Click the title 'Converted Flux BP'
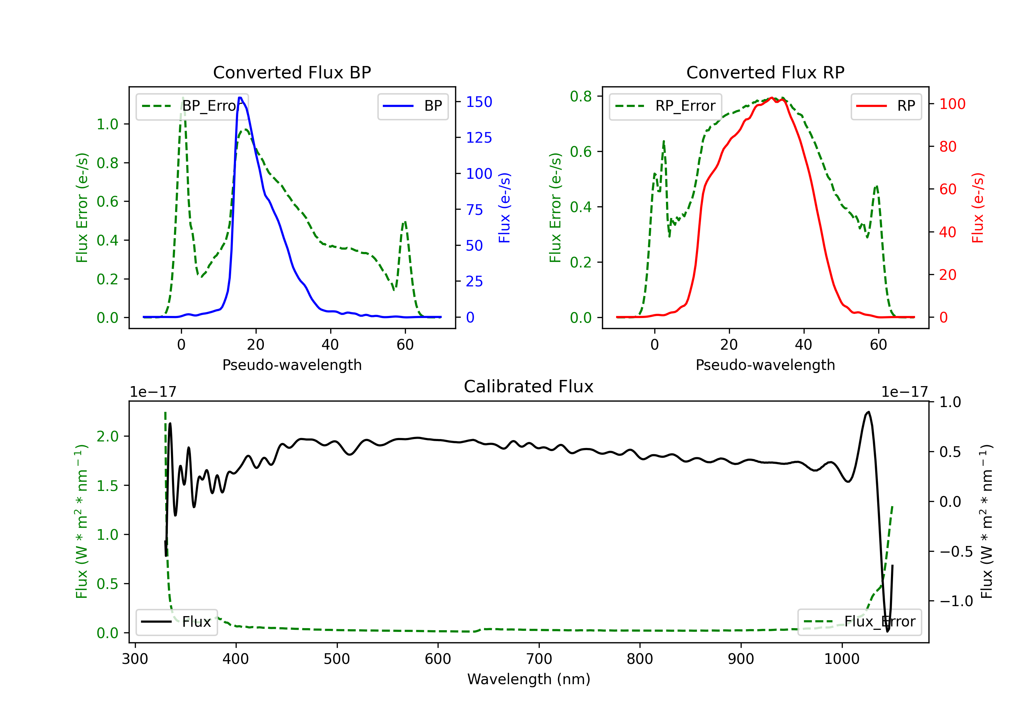coord(292,72)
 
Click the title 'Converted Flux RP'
coord(765,72)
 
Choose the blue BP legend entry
coord(412,106)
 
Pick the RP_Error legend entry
coord(665,106)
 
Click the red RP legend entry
coord(886,106)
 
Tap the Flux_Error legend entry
coord(859,622)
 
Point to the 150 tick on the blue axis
coord(479,102)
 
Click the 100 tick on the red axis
coord(952,104)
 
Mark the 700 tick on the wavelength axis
coord(539,659)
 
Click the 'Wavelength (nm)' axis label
coord(529,679)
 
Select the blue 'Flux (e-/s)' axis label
coord(504,208)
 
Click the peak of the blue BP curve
coord(240,98)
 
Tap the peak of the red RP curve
coord(771,98)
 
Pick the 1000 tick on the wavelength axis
coord(842,659)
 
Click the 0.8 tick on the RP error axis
coord(581,96)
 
